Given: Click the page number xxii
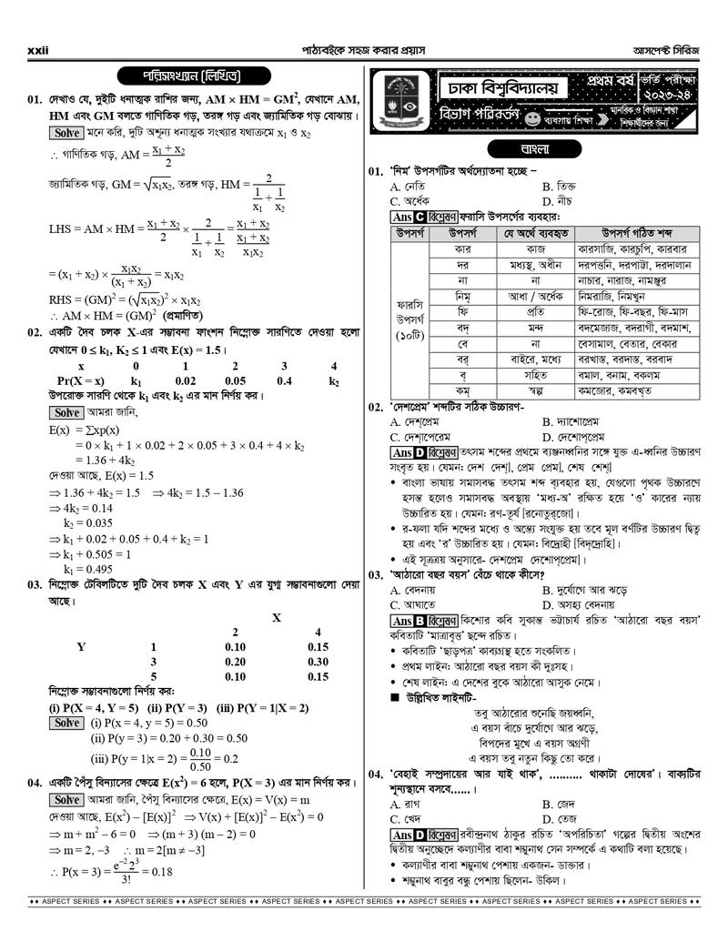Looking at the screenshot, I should click(37, 50).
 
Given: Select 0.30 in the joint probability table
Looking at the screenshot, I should click(317, 662).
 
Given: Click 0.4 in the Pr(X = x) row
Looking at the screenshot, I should click(284, 380).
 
